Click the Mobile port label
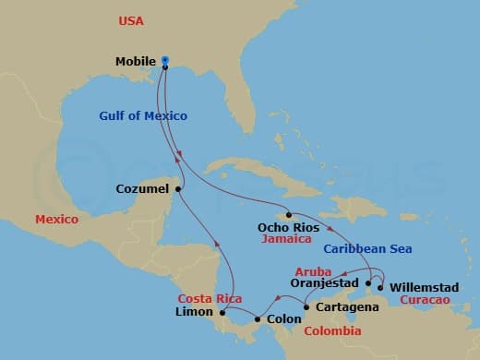pos(135,62)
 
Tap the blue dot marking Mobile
pos(164,61)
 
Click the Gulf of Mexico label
pos(143,115)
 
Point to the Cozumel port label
pos(142,189)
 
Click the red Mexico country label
pos(56,220)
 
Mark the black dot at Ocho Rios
pos(289,215)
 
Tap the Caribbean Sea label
pos(367,249)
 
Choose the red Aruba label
pos(313,271)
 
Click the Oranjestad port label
pos(324,283)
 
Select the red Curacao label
pos(424,300)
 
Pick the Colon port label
pos(283,319)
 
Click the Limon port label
pos(194,312)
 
